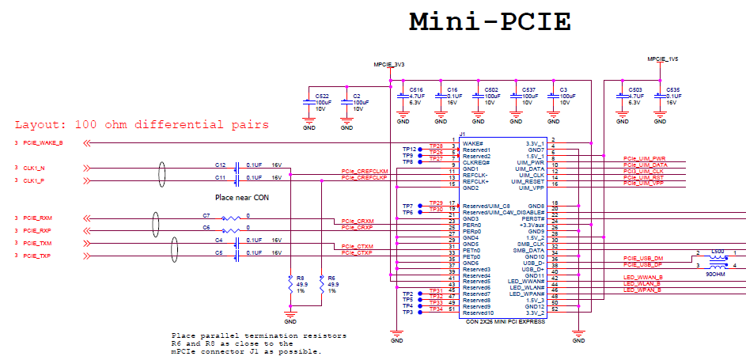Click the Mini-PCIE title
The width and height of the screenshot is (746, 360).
[490, 22]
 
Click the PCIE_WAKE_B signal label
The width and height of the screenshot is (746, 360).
[43, 143]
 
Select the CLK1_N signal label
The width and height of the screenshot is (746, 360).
[34, 168]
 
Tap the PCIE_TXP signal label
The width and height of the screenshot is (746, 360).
[36, 256]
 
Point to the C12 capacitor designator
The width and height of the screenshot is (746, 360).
[220, 165]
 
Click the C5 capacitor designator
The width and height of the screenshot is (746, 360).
[219, 252]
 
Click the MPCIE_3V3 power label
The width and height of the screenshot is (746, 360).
[389, 64]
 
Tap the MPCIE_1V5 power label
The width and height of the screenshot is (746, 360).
[663, 59]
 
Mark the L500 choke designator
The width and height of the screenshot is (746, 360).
[718, 252]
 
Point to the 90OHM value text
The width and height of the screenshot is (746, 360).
[716, 274]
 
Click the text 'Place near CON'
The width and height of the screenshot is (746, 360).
[243, 197]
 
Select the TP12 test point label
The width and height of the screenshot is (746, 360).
[408, 150]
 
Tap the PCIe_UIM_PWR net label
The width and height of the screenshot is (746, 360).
[645, 158]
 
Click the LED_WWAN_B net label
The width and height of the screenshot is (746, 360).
[643, 278]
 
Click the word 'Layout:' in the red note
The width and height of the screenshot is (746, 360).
[40, 125]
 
